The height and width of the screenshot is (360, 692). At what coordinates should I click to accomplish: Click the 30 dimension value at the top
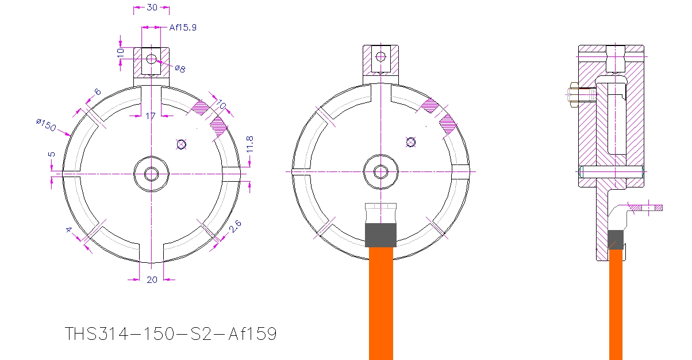(x=152, y=7)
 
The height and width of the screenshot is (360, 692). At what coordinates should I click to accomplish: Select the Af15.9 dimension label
(x=183, y=28)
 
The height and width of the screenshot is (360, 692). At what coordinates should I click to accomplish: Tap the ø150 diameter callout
(x=46, y=125)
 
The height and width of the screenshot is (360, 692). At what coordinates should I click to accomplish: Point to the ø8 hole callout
(x=180, y=68)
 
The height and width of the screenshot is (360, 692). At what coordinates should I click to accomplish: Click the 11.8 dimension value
(x=250, y=144)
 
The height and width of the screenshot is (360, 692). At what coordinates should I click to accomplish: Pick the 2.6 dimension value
(x=235, y=226)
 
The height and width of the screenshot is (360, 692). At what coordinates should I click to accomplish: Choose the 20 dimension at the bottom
(x=152, y=279)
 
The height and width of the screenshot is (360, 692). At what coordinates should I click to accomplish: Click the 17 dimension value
(x=151, y=116)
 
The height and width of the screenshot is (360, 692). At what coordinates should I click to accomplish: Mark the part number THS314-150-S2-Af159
(x=171, y=334)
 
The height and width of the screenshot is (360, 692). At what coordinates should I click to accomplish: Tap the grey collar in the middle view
(x=380, y=235)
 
